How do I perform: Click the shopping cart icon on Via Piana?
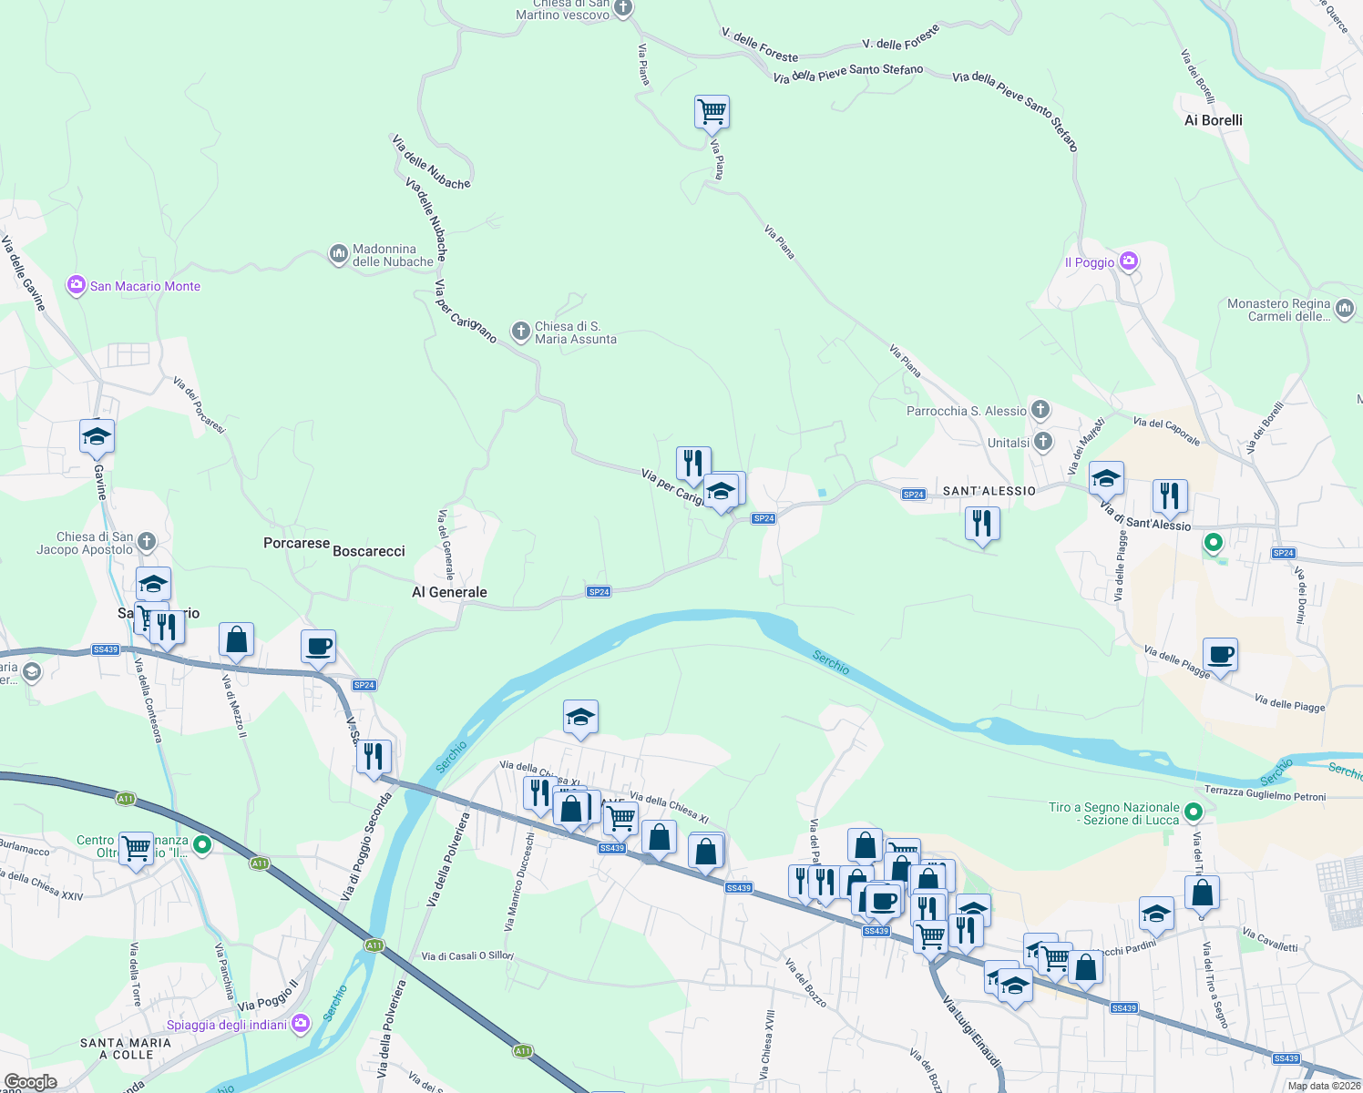(712, 112)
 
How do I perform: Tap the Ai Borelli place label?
(1213, 120)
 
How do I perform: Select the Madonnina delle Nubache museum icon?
(339, 254)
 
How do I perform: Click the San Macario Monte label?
(145, 286)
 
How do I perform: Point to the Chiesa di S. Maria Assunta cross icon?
(520, 332)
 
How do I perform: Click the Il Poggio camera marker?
(1129, 261)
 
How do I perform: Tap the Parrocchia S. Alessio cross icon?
(1040, 410)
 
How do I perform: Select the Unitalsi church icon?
(1043, 442)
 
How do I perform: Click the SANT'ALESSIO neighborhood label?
(989, 491)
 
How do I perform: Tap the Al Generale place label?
(449, 592)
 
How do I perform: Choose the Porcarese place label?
(296, 543)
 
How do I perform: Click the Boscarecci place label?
(369, 551)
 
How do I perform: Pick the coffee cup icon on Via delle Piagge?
(1220, 654)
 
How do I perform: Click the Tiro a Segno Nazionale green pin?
(1194, 811)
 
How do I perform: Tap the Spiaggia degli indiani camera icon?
(301, 1025)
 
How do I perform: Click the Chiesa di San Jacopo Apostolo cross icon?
(147, 542)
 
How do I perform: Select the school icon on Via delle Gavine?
(97, 436)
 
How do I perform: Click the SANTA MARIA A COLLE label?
(126, 1048)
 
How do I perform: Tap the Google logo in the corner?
(31, 1082)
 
